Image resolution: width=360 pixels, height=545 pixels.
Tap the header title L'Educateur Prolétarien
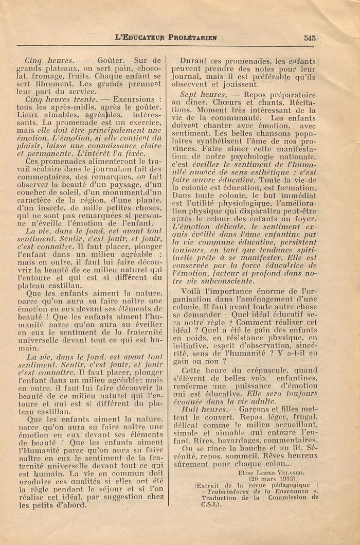click(x=166, y=38)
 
